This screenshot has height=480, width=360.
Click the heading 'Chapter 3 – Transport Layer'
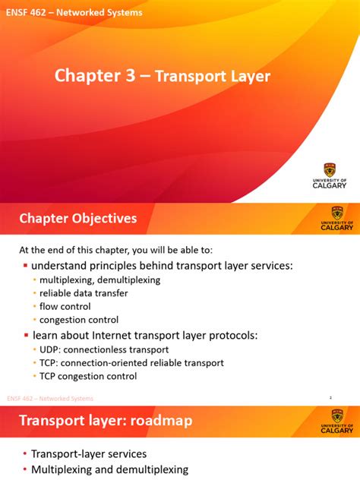162,76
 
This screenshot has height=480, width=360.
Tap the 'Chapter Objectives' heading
77,219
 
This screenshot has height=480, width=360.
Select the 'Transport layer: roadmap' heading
106,421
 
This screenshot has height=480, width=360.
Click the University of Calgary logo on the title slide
330,175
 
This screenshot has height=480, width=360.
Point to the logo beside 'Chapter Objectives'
336,218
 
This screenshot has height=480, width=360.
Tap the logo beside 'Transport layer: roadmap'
336,420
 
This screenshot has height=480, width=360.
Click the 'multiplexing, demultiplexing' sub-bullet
99,279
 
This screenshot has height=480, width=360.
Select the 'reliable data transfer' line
84,293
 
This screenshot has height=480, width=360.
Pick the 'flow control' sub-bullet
65,307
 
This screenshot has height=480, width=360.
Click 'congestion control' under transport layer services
79,320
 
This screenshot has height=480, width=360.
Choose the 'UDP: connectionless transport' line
105,349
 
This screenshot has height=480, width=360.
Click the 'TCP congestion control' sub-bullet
88,375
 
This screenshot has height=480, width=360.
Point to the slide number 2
330,398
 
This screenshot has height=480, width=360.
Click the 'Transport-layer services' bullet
88,454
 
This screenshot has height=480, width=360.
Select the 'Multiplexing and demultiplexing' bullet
109,469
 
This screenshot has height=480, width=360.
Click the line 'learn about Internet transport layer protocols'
145,335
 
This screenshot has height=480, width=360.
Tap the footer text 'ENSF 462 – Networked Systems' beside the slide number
50,398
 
